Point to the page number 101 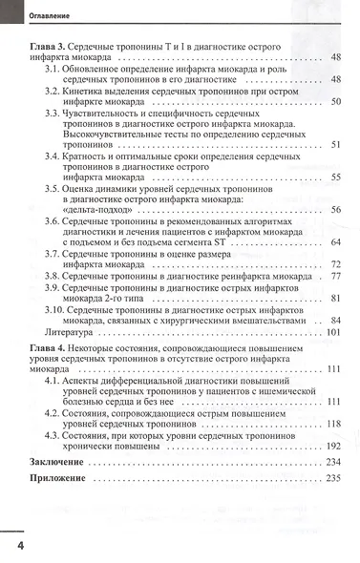[x=333, y=333]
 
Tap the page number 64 [x=336, y=242]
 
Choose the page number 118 [x=333, y=424]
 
